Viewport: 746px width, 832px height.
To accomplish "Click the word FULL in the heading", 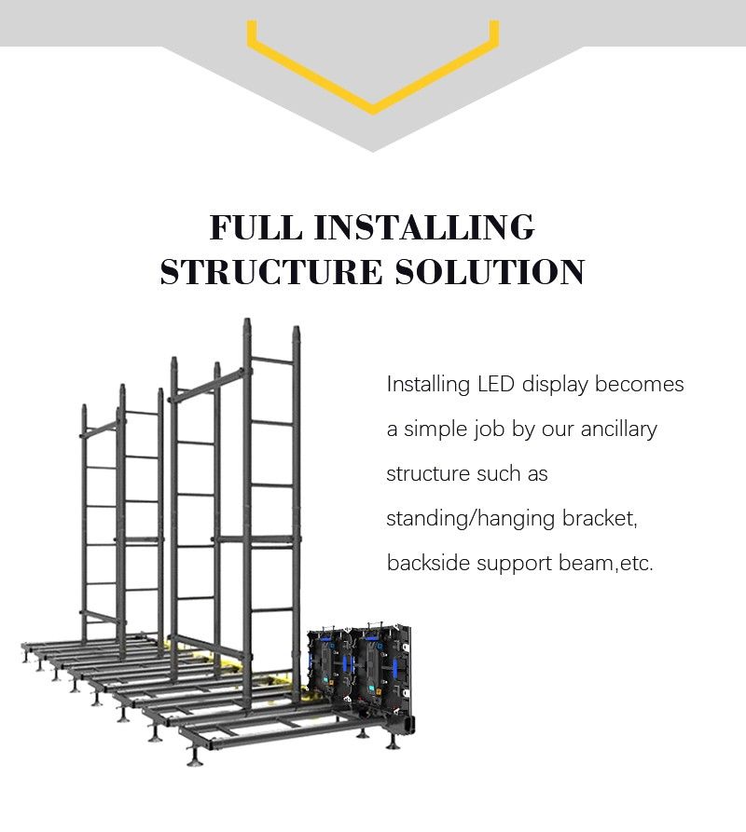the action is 256,227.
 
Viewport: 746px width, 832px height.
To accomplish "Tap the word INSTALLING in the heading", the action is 424,227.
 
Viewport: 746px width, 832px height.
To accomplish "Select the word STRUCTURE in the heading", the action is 271,272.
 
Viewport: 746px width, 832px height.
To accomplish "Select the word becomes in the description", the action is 640,384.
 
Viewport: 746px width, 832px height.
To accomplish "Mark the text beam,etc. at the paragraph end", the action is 606,563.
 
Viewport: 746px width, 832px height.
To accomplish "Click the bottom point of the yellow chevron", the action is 373,113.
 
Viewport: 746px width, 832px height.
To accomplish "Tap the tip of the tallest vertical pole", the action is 247,320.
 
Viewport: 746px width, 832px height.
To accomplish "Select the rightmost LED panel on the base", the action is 380,670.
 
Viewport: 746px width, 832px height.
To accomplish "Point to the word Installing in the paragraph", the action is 429,385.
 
